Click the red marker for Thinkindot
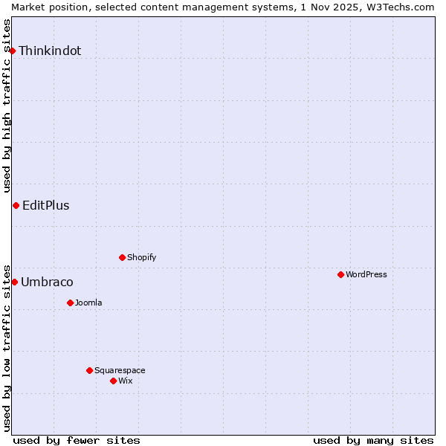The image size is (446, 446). pos(13,51)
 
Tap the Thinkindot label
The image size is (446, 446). pos(50,51)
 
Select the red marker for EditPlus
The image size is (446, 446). pos(16,205)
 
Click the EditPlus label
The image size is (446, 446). pos(46,206)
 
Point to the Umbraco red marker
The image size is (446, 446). pos(14,282)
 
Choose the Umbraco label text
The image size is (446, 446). pos(47,282)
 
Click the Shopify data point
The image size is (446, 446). pos(122,257)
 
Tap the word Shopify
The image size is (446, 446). pos(141,258)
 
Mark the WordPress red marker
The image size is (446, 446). pos(340,274)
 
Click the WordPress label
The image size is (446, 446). pos(366,275)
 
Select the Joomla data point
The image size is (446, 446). pos(70,303)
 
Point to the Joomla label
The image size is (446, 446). pos(88,303)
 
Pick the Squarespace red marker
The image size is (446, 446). pos(89,370)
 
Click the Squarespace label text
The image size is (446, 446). pos(120,371)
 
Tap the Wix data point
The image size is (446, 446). pos(113,381)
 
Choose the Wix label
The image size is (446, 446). pos(126,381)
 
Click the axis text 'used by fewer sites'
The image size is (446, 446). pos(77,440)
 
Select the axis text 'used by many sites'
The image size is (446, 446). pos(373,440)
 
